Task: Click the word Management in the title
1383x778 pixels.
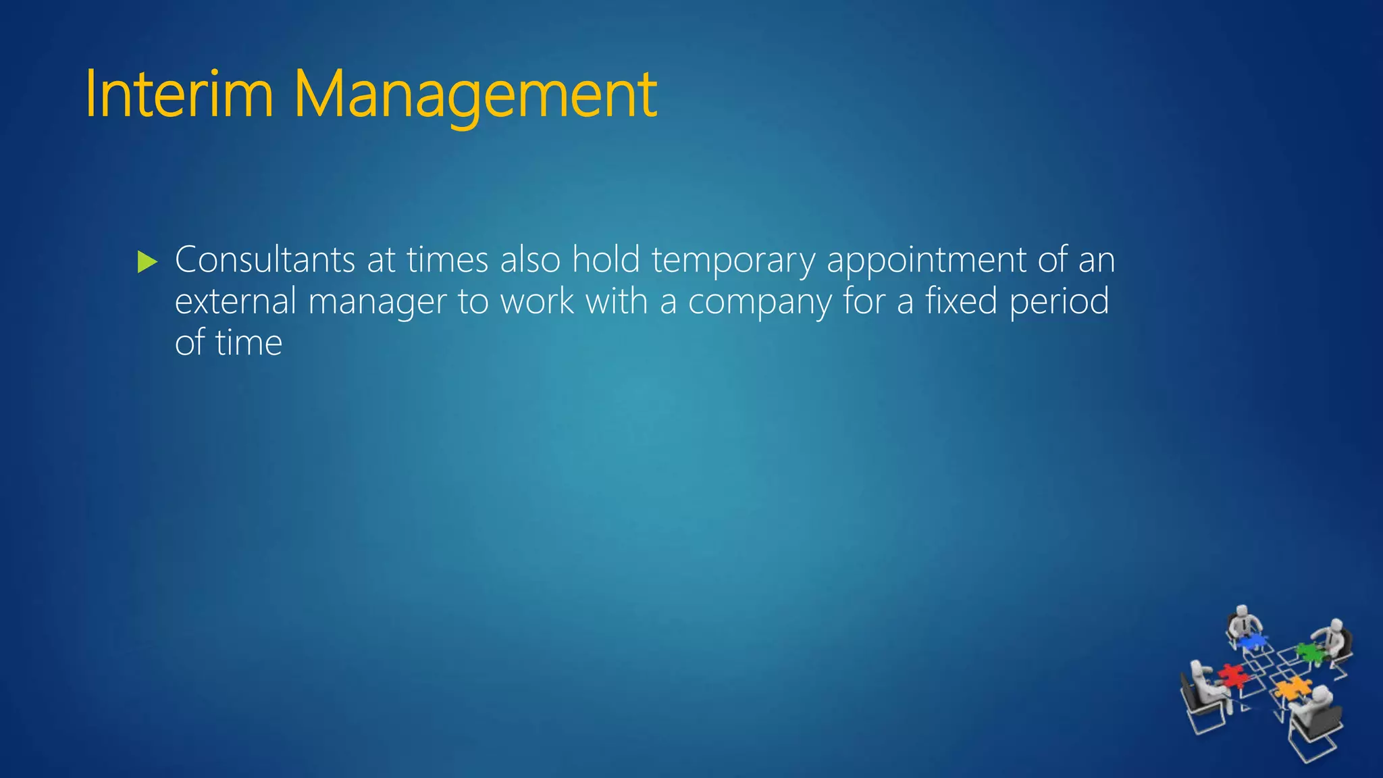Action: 475,95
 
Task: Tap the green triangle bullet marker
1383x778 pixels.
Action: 147,261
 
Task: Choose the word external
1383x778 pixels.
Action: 236,301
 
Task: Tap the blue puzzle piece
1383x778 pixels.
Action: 1252,640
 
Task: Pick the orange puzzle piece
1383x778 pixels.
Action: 1291,689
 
